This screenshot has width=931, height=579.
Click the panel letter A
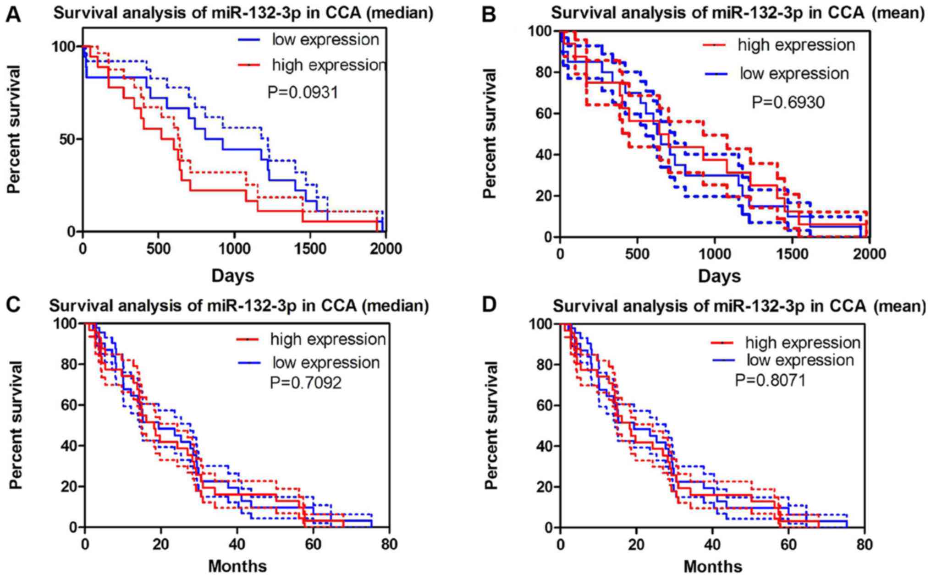pos(13,14)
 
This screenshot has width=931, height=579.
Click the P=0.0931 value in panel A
pos(303,93)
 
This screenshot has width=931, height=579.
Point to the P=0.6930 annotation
pos(788,102)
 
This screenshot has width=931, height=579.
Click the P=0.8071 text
pos(770,380)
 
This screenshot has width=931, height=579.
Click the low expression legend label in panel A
pos(325,40)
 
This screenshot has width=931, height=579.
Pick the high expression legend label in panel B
pos(796,45)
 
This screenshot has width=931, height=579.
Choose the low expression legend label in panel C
pos(326,363)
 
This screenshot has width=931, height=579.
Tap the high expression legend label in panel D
pos(803,343)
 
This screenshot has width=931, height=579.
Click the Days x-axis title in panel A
pos(233,276)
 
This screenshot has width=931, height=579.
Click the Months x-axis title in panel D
pos(713,567)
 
